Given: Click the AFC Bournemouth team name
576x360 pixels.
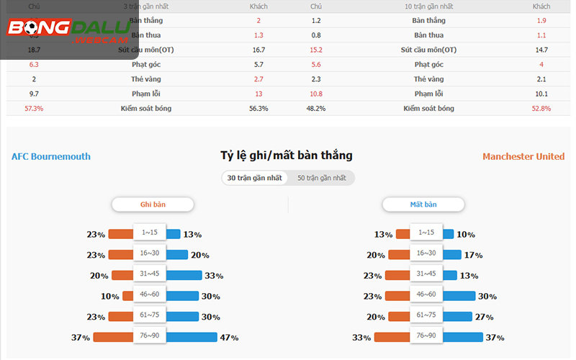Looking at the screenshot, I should (51, 156).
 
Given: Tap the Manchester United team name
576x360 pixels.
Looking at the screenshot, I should (523, 156).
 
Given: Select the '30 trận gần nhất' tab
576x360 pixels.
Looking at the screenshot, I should (254, 178).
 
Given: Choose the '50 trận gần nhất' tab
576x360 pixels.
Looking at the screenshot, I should (322, 178).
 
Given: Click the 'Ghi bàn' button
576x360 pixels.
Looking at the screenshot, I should (153, 204).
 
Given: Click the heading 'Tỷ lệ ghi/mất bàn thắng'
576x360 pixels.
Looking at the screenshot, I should (287, 156).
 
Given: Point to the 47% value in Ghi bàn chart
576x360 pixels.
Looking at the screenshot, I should (229, 337).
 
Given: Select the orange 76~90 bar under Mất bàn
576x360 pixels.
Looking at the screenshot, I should (392, 337).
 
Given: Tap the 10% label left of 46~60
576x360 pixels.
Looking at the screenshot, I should (110, 296).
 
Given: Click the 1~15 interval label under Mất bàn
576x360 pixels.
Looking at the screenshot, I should (426, 233).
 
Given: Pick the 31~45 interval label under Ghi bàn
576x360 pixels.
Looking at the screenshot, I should (150, 274).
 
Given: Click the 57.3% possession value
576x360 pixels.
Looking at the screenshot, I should (34, 108).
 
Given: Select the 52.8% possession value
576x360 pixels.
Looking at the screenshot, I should (541, 108).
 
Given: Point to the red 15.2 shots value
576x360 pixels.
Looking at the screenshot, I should (316, 50).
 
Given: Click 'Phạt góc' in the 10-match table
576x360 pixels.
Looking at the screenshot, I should (428, 64).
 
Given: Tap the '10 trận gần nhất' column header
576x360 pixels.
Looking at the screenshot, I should (428, 6).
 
